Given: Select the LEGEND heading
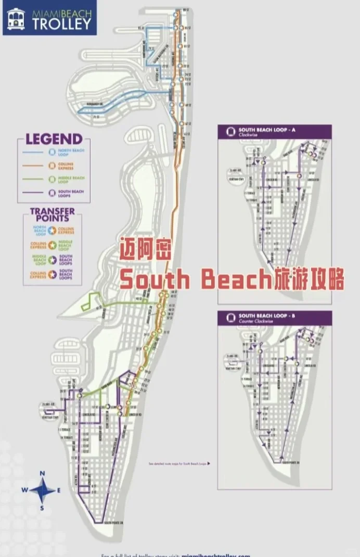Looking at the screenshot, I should [54, 139].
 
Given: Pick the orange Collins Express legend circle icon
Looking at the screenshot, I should [52, 166].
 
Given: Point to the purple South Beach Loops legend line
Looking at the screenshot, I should [34, 193].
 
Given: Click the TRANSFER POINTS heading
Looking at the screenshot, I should [52, 214].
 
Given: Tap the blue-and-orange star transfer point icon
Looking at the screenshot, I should [53, 230].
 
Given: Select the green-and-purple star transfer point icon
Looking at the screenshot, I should [53, 259].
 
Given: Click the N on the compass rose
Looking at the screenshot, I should [43, 473].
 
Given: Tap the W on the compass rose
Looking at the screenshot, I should [24, 490].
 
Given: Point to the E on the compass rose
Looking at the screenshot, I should [59, 490].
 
